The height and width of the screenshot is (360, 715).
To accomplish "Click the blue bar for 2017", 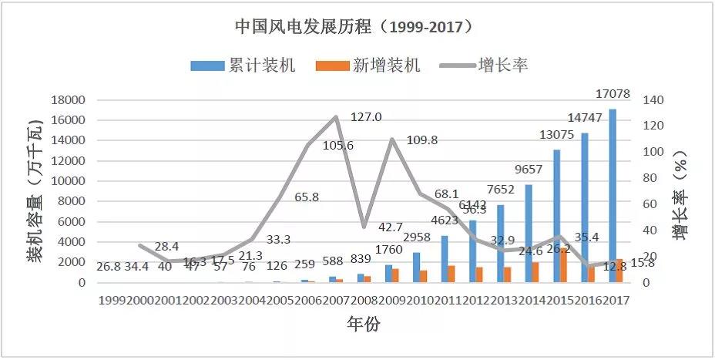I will (613, 196).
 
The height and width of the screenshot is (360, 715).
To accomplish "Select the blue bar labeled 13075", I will (556, 216).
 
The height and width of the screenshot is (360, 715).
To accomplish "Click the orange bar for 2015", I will (564, 265).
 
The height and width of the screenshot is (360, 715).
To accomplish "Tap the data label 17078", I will (613, 95).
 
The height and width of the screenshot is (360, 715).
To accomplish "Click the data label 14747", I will (586, 118).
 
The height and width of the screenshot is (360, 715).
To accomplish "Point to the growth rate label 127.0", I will (366, 117).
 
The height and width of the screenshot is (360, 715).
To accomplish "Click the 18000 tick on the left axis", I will (67, 100).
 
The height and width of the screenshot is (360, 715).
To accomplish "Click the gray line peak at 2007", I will (337, 117).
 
